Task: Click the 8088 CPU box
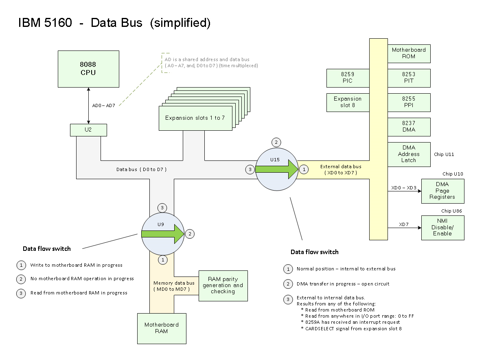point(88,69)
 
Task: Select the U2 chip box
point(88,130)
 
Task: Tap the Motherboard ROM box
point(409,53)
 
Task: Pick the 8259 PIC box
point(347,78)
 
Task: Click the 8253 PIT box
point(409,78)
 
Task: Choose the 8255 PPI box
point(409,102)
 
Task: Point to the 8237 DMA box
point(409,127)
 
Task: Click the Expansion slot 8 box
point(347,102)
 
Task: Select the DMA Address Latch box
point(409,154)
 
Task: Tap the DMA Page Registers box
point(442,191)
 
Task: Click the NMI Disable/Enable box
point(442,227)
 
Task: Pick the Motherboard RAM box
point(162,328)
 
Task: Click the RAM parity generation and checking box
point(223,285)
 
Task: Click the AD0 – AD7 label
point(104,105)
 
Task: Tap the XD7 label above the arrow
point(403,224)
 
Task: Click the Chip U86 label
point(451,211)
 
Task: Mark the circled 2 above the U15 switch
point(276,142)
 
